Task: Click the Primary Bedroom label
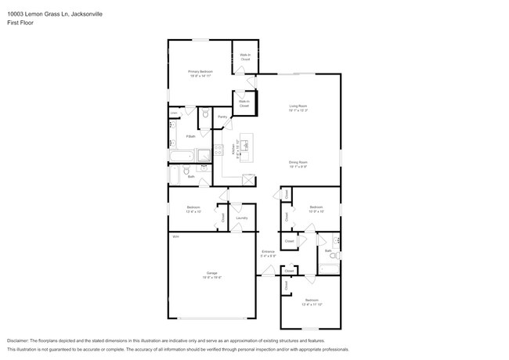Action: (x=200, y=71)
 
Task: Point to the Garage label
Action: (x=211, y=273)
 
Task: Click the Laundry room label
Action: (x=241, y=218)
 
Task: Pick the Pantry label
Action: (x=222, y=117)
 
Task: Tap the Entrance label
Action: (x=269, y=251)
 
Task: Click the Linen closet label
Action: (x=174, y=113)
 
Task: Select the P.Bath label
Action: (x=190, y=137)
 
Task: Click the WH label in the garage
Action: (x=175, y=236)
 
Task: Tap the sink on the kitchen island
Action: (x=245, y=145)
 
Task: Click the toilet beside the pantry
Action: (x=205, y=115)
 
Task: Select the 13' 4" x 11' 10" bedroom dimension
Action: (x=312, y=305)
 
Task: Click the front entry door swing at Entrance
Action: (x=269, y=271)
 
